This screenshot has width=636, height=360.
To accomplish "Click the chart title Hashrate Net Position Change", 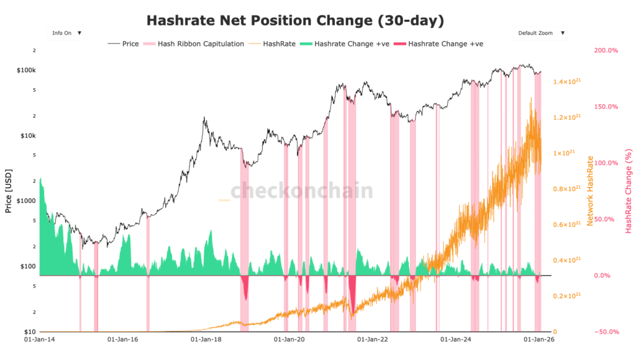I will [295, 20].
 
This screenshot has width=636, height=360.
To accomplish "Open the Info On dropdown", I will [66, 33].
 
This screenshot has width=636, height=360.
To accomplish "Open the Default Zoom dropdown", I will [540, 33].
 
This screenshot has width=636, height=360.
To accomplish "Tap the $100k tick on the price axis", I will [27, 70].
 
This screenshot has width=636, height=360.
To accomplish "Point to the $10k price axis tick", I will [29, 136].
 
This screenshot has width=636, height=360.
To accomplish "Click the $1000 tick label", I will [27, 201].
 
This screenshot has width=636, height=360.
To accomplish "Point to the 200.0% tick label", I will [606, 50].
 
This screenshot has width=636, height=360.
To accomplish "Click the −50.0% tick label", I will [606, 332].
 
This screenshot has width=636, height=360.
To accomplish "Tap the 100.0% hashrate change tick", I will [606, 163].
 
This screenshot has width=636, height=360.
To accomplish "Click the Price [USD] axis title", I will [9, 191].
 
